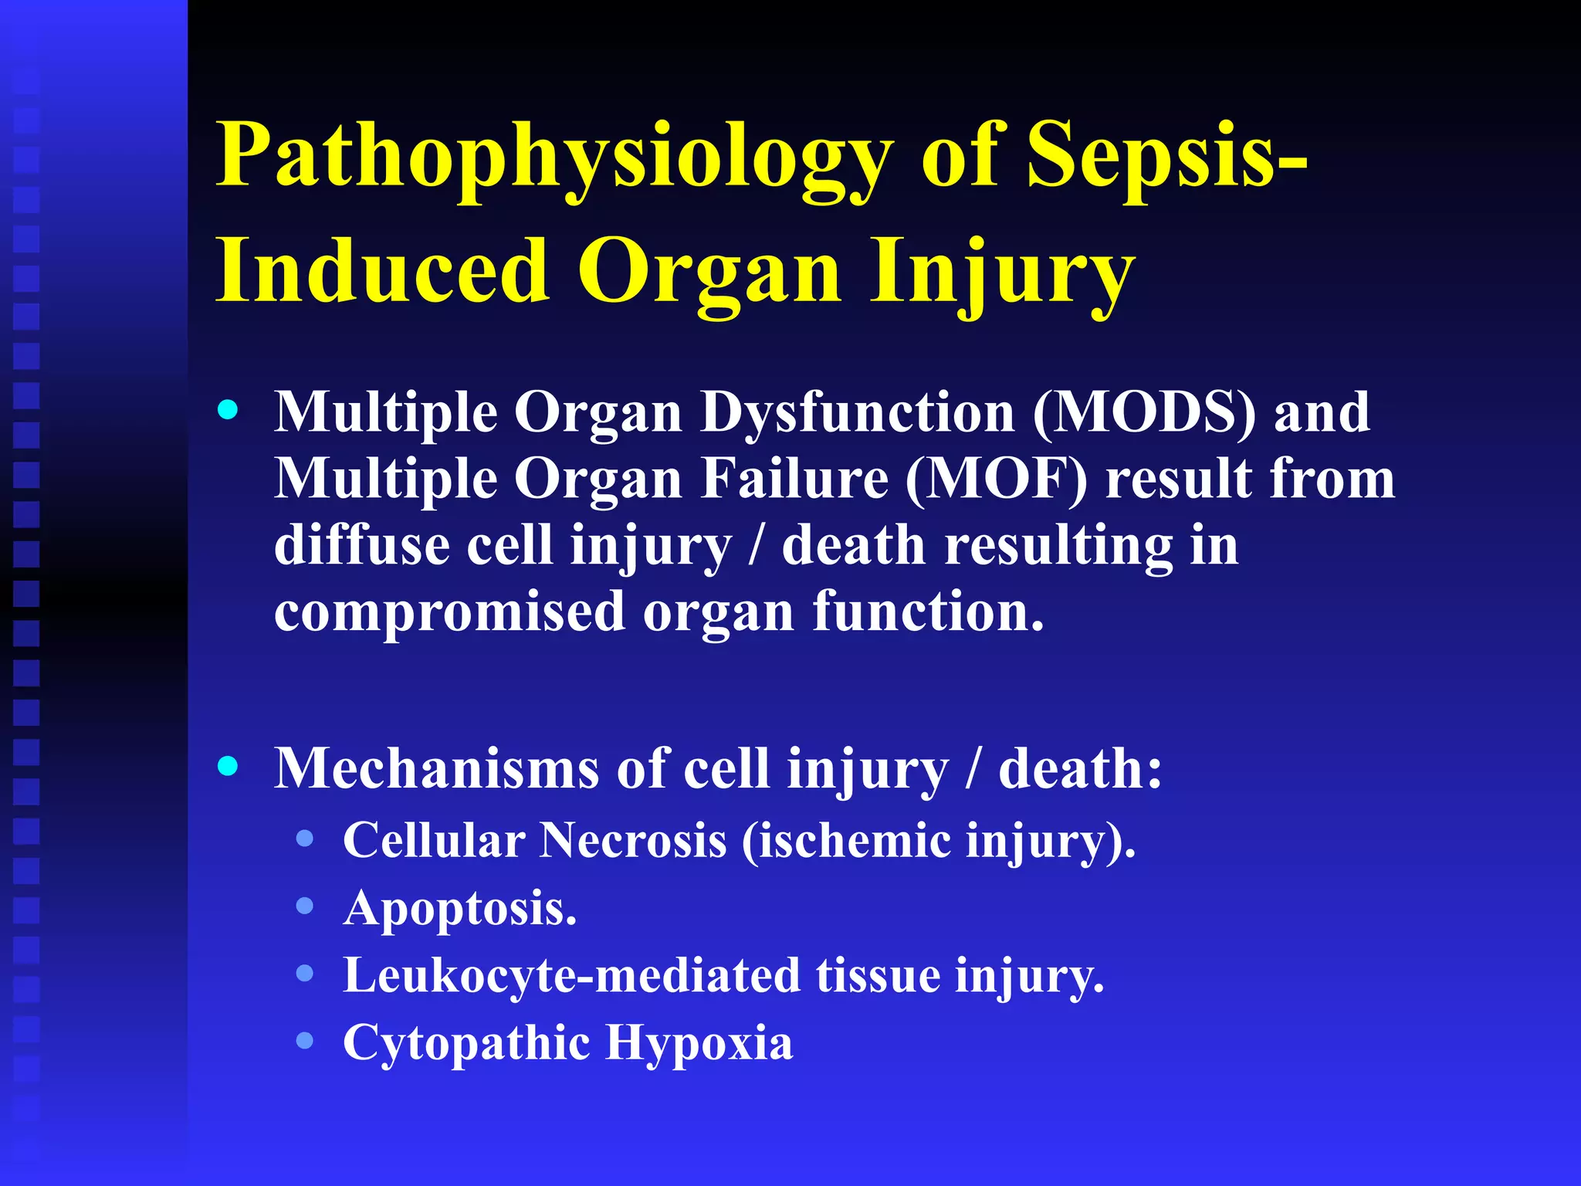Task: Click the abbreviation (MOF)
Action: (x=996, y=479)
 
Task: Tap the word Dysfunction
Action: (x=857, y=414)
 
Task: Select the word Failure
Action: (x=795, y=479)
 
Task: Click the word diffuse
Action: (x=362, y=545)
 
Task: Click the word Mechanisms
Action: (x=437, y=769)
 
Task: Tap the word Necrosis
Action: (x=633, y=841)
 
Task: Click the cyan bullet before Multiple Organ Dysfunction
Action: (x=228, y=410)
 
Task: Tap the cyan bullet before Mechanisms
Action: (x=228, y=766)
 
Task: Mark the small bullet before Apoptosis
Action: (x=305, y=906)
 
